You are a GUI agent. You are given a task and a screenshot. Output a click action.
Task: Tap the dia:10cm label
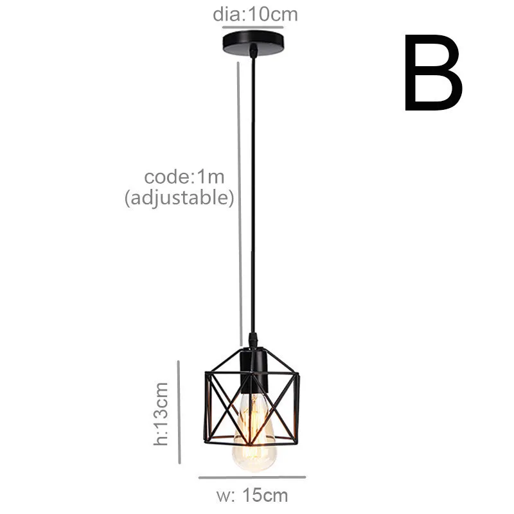click(255, 14)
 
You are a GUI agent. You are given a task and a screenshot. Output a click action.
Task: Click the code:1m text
click(184, 177)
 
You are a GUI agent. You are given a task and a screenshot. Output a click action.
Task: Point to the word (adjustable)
click(179, 198)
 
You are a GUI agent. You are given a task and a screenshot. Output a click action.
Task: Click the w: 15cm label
click(251, 495)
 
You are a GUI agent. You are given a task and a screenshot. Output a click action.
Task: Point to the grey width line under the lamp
click(252, 477)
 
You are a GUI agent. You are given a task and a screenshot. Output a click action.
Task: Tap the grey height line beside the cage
click(179, 411)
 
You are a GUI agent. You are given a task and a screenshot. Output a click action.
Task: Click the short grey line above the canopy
click(253, 27)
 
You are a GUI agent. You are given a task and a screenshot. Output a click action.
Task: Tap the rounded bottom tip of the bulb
click(255, 467)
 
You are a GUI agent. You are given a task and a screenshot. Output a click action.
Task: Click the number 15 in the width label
click(255, 495)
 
